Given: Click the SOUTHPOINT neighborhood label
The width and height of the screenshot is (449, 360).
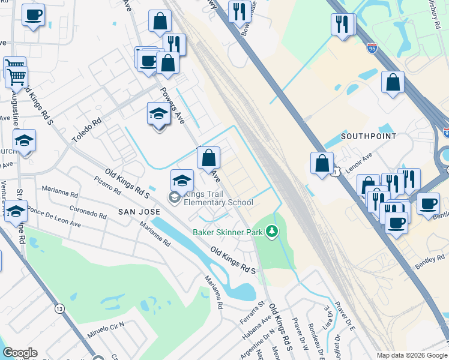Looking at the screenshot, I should coord(369,136).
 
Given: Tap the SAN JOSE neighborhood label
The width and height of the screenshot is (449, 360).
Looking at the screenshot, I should coord(139,212).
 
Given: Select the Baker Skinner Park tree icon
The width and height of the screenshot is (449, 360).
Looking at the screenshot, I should coord(272,231).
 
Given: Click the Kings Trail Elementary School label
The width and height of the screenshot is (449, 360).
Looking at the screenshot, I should coord(218,198).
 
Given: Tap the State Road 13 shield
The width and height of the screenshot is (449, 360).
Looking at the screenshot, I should coord(59,308).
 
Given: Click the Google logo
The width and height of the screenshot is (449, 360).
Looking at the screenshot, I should coord(19,353).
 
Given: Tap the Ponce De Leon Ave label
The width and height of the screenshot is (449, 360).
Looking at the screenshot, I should coord(54,218).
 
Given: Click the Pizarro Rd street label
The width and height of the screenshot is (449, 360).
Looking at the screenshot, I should coord(107,185).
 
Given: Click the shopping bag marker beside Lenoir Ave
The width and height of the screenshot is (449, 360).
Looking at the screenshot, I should coord(322,163).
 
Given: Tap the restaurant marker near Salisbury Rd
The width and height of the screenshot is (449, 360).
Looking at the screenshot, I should coord(343,25).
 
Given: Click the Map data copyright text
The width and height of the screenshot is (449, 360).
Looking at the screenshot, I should coord(411,355).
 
